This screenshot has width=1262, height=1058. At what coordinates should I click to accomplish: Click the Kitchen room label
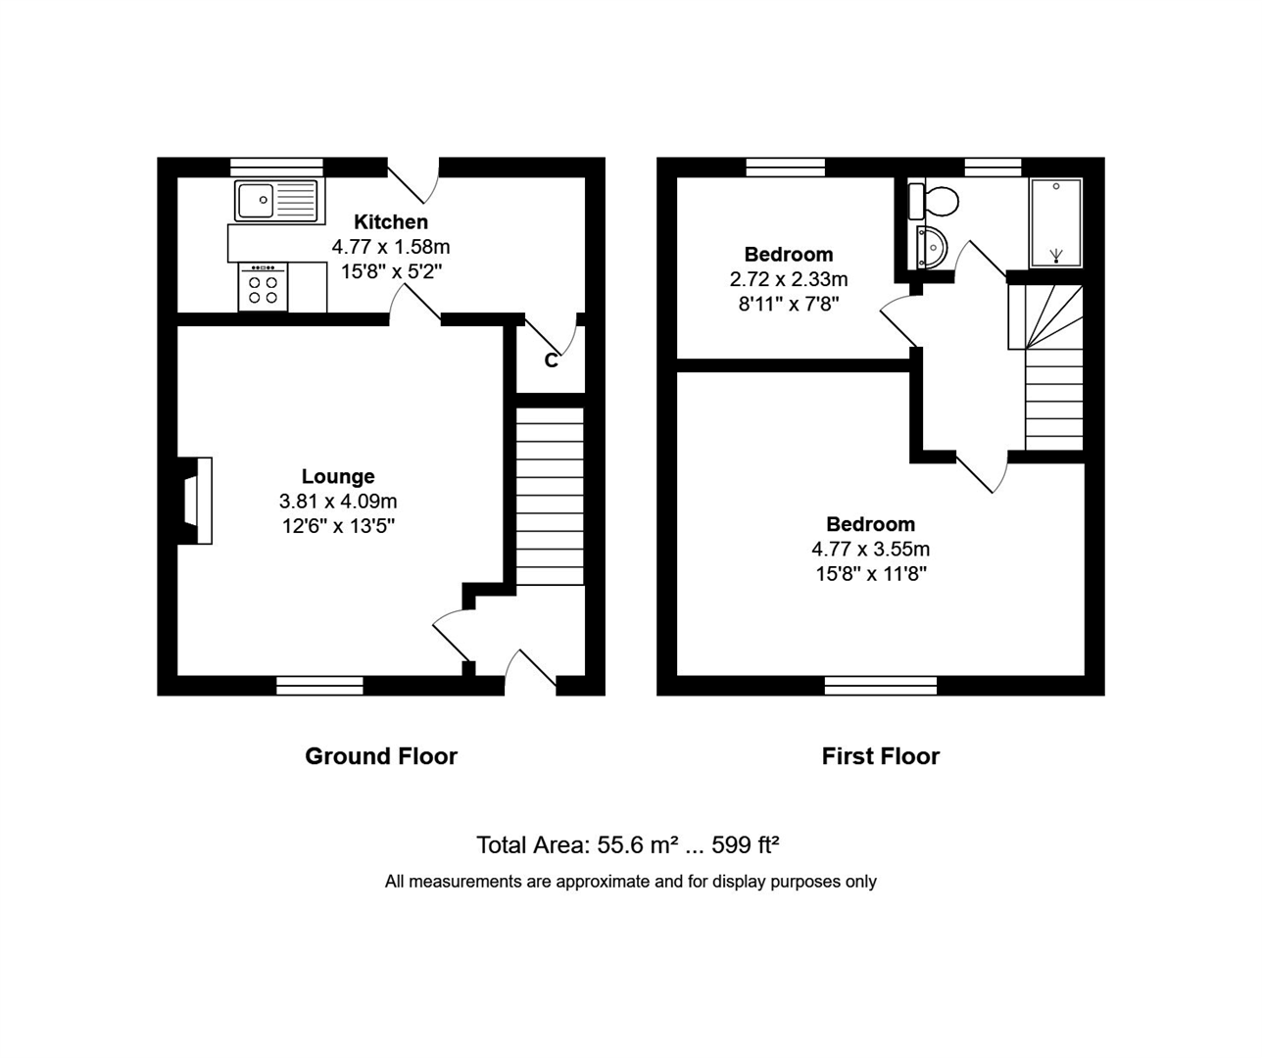coord(390,222)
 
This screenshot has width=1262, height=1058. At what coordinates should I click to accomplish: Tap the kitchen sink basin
coord(256,201)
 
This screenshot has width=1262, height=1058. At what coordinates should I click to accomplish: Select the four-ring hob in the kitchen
coord(263,288)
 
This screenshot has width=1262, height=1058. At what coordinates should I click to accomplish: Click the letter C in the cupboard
coord(552,361)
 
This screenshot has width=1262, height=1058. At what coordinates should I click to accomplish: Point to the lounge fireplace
coord(195,501)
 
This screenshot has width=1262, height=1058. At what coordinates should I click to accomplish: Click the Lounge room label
coord(338,477)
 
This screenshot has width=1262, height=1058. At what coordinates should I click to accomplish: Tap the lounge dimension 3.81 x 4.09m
coord(338,502)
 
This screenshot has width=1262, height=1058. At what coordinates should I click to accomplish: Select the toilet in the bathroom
coord(933,201)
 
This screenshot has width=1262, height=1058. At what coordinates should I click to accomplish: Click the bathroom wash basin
coord(932,247)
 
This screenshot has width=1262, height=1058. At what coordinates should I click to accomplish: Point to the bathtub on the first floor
coord(1055,222)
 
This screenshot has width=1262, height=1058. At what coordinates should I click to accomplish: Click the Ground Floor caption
coord(381,756)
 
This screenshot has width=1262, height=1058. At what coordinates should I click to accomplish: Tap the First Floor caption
coord(881,756)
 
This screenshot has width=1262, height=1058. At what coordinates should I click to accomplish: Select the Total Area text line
coord(628,844)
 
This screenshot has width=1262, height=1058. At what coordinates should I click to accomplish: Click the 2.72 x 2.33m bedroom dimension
coord(789,279)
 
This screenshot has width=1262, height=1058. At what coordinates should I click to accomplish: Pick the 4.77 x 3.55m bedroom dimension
coord(870,549)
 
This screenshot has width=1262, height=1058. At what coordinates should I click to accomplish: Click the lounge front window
coord(319,686)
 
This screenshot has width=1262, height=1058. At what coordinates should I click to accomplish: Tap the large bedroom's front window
coord(881,686)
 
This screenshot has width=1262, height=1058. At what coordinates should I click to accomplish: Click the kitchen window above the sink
coord(277,168)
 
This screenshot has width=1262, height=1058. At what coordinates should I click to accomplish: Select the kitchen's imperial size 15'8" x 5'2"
coord(391,272)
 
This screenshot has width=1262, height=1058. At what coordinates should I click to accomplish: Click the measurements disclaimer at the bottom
coord(630,882)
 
